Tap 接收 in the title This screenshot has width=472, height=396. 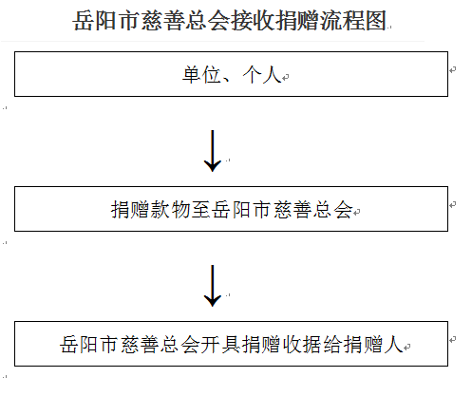coord(254,21)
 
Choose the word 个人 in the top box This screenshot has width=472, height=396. coord(262,75)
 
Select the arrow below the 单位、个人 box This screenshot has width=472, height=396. coord(213,151)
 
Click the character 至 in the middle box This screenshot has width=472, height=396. coord(201,210)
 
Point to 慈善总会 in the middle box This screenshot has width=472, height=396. coord(312,210)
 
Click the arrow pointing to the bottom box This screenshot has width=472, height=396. coord(213,286)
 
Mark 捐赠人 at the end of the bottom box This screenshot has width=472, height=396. coord(373,345)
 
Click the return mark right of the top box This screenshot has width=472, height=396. coord(453,69)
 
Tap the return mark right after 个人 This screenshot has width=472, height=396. coord(285,77)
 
